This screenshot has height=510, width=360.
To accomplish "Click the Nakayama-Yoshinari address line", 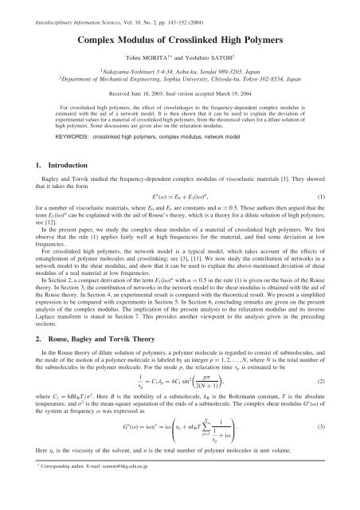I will [179, 71].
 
